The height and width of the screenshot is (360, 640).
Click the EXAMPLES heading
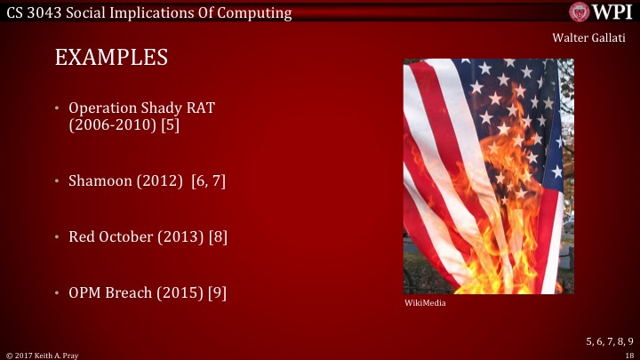tap(111, 58)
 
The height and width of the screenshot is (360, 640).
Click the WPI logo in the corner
tap(601, 11)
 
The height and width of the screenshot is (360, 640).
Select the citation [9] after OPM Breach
tap(217, 292)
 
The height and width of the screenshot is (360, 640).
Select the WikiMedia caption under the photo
tap(425, 303)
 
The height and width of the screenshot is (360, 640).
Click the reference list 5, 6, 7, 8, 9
tap(609, 340)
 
